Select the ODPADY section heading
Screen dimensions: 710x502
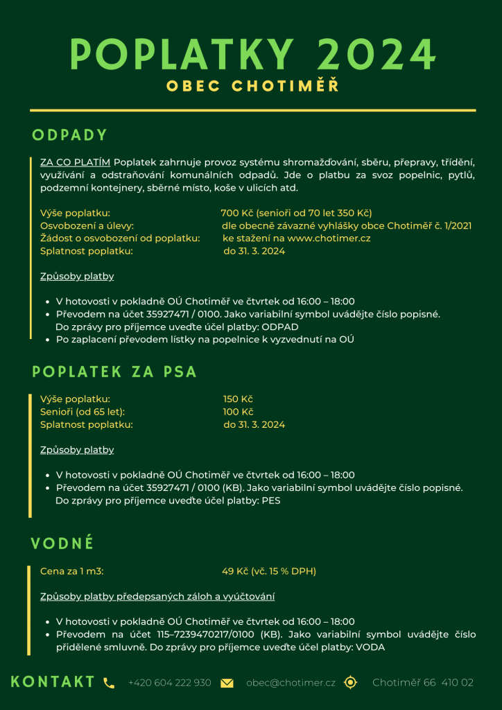click(x=70, y=135)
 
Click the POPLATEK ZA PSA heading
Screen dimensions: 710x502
click(x=114, y=372)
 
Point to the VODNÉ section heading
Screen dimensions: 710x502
click(x=62, y=544)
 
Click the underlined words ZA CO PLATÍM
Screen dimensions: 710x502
click(x=75, y=162)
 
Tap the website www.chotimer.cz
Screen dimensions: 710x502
click(x=329, y=238)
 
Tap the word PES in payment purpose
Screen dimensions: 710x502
click(x=271, y=501)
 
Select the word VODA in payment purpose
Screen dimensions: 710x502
click(x=370, y=647)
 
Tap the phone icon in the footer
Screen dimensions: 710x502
click(x=109, y=683)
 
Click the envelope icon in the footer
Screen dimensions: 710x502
click(x=227, y=683)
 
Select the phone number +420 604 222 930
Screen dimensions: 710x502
click(x=170, y=683)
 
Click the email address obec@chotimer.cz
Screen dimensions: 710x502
click(x=291, y=683)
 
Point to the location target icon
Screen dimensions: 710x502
click(x=351, y=682)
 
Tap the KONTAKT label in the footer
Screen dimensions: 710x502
click(x=53, y=682)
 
